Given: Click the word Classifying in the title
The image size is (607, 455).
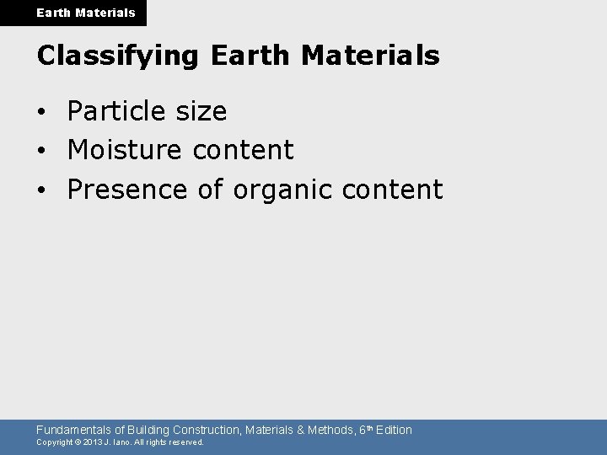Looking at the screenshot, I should [117, 56].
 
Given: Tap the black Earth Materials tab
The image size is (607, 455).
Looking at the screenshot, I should [73, 13].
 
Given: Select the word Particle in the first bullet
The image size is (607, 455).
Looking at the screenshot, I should [117, 111].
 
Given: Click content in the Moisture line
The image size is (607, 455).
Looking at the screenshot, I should [243, 150].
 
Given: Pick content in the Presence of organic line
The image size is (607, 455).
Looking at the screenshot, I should [392, 190].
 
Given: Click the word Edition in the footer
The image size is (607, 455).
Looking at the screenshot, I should [393, 430].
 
